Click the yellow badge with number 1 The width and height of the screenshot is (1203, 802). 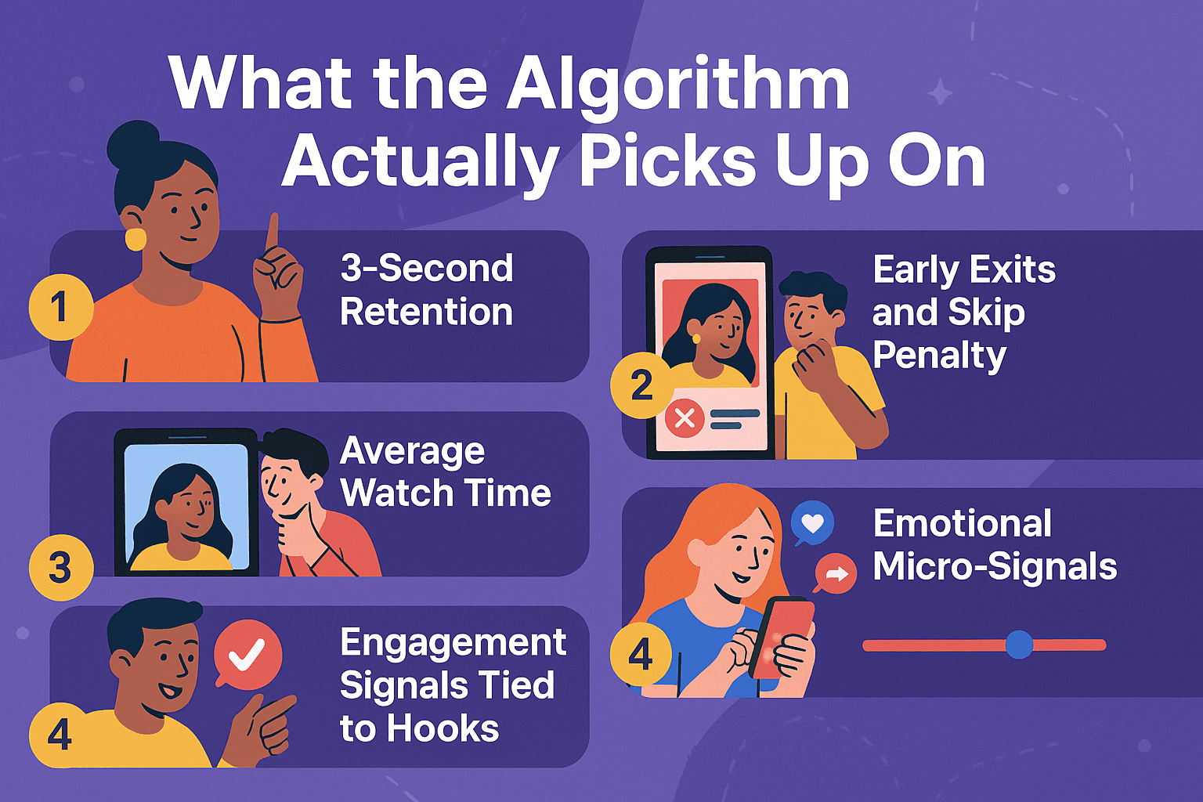[x=60, y=307]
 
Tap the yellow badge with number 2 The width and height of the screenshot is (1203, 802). [x=641, y=385]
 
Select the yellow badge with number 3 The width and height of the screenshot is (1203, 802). [x=60, y=568]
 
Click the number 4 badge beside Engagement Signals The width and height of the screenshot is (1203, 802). [x=60, y=735]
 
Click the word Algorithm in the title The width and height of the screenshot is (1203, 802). [x=678, y=84]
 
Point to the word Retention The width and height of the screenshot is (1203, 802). [x=426, y=312]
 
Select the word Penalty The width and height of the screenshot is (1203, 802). [x=939, y=355]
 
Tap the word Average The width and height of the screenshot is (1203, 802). [x=413, y=451]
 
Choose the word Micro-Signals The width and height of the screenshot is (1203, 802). [x=995, y=566]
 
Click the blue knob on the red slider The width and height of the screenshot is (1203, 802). [x=1019, y=645]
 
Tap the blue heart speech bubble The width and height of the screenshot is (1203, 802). [x=812, y=522]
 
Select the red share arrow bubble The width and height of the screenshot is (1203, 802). [x=836, y=574]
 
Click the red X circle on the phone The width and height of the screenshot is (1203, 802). [x=685, y=417]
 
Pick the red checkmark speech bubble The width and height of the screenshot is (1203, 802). [x=247, y=655]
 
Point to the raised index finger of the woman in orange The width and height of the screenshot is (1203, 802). [x=272, y=231]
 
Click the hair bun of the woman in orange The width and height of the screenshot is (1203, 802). [x=133, y=142]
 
